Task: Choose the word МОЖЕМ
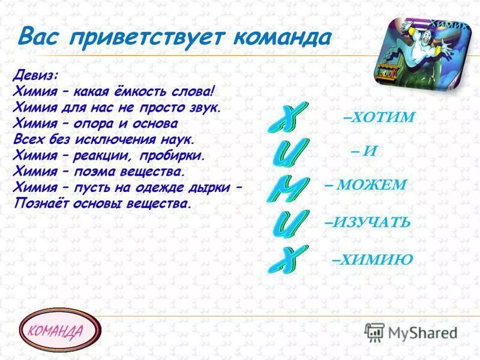[371, 185]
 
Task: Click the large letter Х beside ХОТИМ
[282, 118]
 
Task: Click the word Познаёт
[38, 203]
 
